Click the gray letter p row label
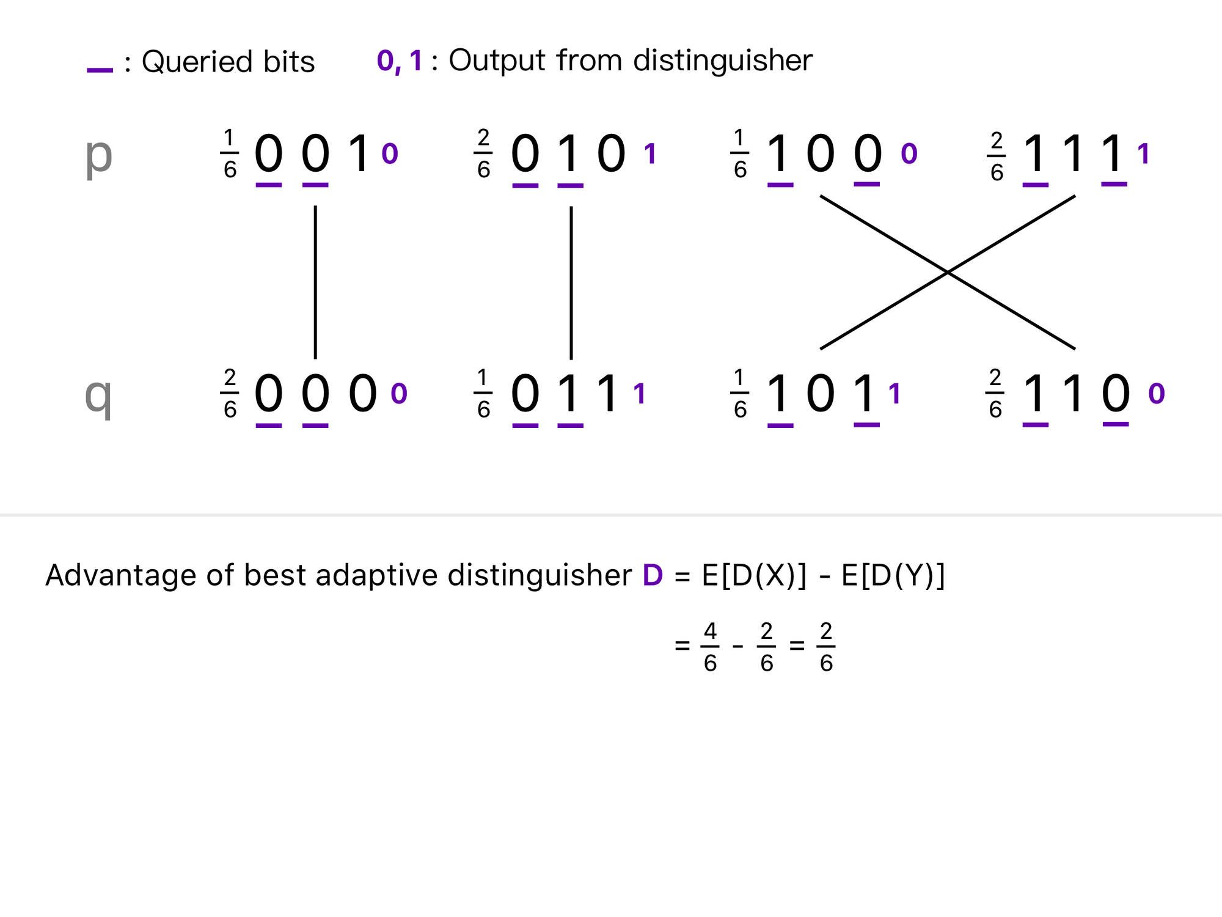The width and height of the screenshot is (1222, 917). point(98,155)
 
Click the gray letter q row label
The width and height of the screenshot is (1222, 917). point(98,396)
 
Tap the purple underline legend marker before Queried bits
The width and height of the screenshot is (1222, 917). point(100,70)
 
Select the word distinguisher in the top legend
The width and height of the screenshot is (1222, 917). point(722,61)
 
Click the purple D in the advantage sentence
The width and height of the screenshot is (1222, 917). point(653,575)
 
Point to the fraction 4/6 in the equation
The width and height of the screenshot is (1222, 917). point(710,647)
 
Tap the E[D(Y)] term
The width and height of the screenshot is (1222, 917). point(893,575)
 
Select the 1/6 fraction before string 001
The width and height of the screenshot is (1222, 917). point(230,154)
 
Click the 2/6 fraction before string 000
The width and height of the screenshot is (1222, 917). point(230,394)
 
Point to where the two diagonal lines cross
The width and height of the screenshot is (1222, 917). point(948,273)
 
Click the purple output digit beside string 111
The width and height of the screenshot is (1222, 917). point(1144,154)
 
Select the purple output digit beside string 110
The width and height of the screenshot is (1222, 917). point(1157,394)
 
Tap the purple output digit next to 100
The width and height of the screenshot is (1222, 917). point(909,154)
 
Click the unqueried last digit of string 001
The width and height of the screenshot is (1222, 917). point(359,153)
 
